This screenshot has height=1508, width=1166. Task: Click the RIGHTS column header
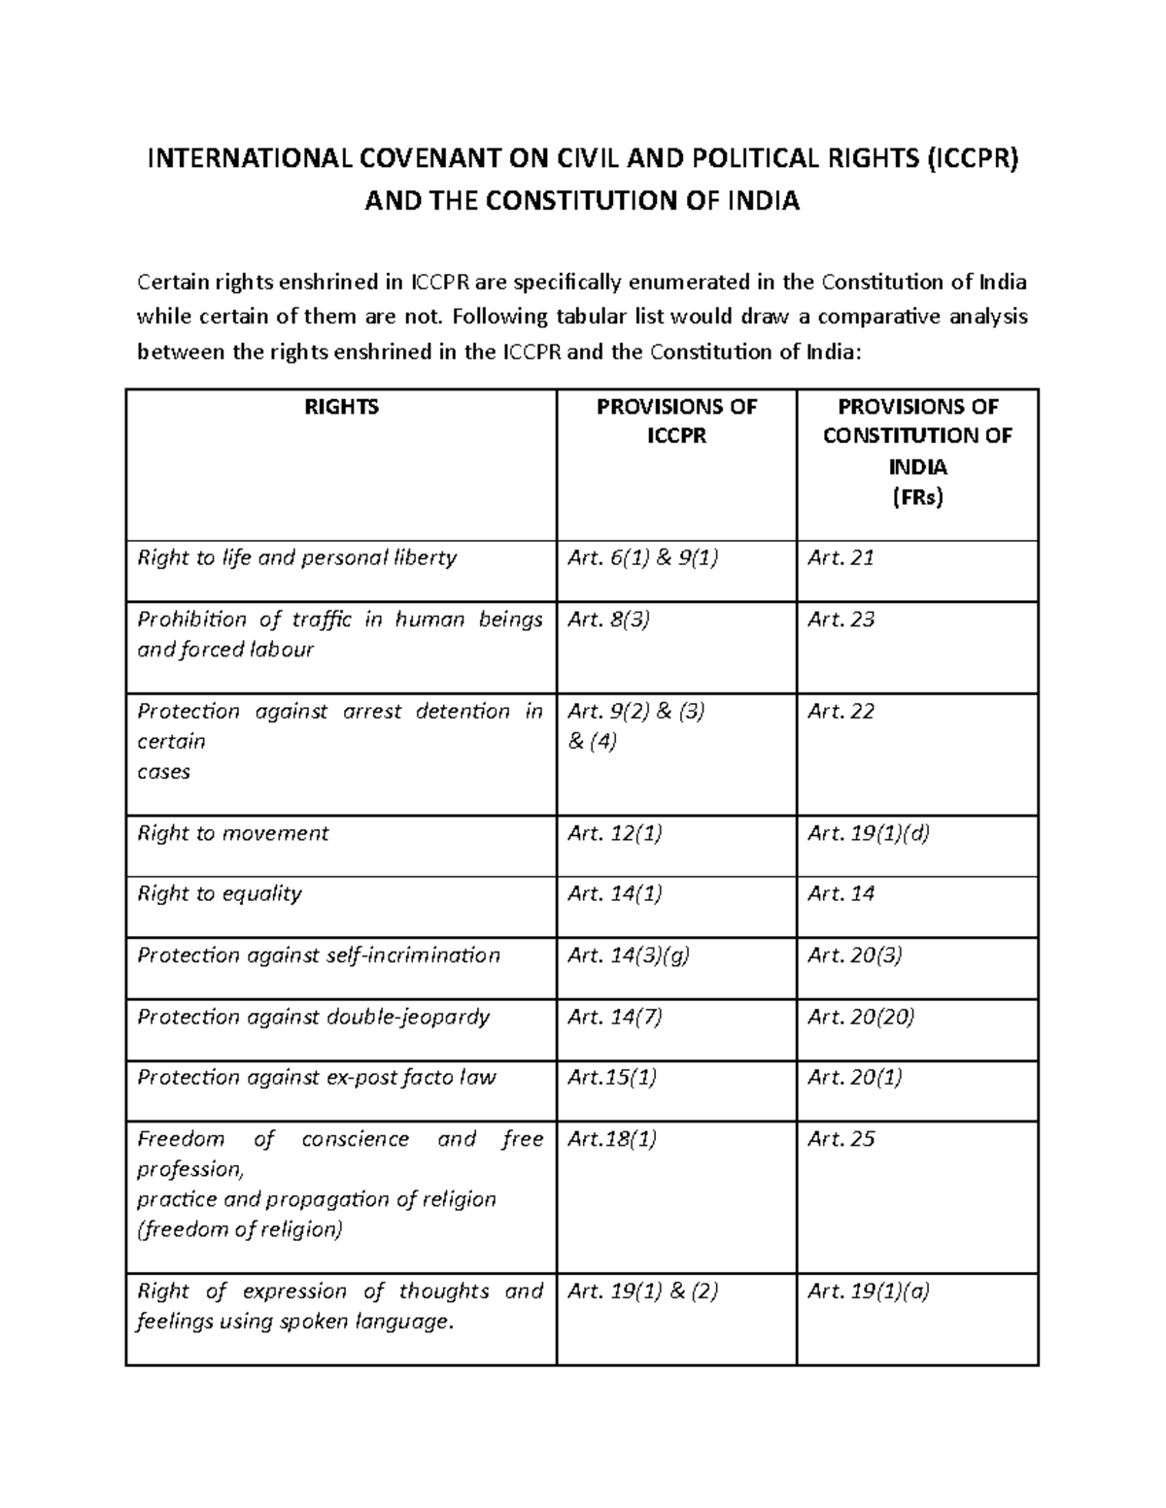[x=341, y=407]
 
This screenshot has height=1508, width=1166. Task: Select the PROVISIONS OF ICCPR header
[x=676, y=421]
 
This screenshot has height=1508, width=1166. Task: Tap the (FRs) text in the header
[x=917, y=497]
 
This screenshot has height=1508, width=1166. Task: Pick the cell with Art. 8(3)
[x=608, y=619]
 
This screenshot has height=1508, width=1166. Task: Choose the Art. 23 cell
[x=840, y=619]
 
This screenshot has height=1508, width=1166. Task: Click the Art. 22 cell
[x=840, y=711]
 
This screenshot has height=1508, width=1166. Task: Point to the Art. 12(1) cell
[x=614, y=833]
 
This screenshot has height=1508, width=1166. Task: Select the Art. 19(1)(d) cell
[x=868, y=833]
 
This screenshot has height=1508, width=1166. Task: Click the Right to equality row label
[x=220, y=893]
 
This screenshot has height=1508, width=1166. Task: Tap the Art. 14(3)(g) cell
[x=629, y=955]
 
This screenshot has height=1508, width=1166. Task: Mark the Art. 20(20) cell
[x=861, y=1017]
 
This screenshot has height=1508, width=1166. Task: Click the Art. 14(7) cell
[x=614, y=1017]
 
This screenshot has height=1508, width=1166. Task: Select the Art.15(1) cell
[x=611, y=1077]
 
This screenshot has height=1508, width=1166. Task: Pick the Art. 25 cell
[x=840, y=1138]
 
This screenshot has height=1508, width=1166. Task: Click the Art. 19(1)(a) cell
[x=868, y=1290]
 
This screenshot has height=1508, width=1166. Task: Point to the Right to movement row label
[x=233, y=833]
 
